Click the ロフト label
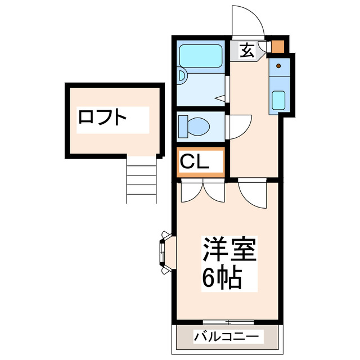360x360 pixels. pyautogui.click(x=102, y=118)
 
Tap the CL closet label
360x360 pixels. pyautogui.click(x=195, y=162)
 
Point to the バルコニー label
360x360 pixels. pyautogui.click(x=227, y=337)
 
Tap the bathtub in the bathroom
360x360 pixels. pyautogui.click(x=201, y=56)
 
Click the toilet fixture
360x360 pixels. pyautogui.click(x=192, y=125)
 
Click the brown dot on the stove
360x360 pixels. pyautogui.click(x=278, y=66)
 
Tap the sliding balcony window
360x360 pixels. pyautogui.click(x=228, y=322)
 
